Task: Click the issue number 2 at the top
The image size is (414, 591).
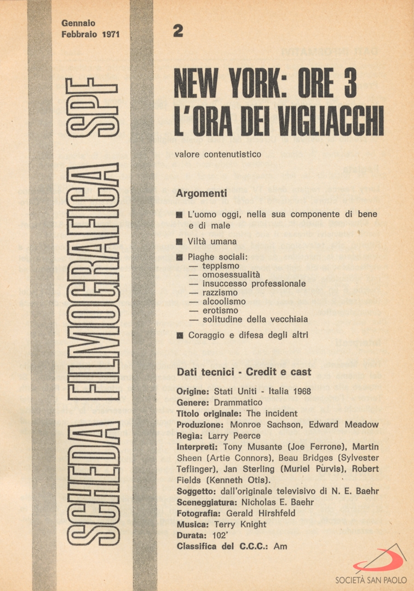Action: (178, 32)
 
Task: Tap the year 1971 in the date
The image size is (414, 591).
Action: (111, 34)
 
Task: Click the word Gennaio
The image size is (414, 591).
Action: (78, 23)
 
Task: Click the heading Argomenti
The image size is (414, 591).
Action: (202, 193)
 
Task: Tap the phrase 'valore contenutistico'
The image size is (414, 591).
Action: (218, 154)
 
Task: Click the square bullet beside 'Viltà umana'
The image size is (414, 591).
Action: (179, 241)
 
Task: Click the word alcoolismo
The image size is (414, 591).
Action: (224, 301)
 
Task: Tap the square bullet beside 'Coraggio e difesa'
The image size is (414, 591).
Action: (179, 335)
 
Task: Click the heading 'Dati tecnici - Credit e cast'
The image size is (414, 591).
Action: (244, 372)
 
